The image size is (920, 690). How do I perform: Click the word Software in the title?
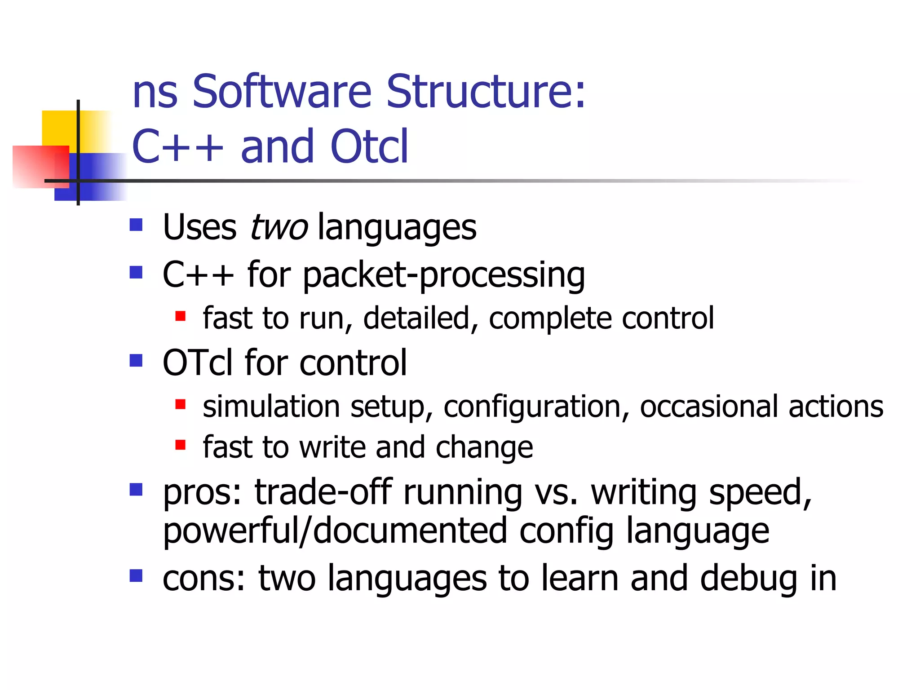tap(282, 92)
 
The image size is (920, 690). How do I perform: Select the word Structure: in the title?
tap(486, 92)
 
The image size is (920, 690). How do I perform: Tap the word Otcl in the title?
tap(369, 146)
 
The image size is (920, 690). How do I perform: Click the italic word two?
tap(279, 227)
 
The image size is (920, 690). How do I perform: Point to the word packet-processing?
tap(444, 275)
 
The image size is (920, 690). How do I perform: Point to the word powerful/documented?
tap(335, 531)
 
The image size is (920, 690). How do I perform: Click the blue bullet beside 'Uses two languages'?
tap(136, 225)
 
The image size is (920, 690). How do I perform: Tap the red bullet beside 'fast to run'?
tap(181, 316)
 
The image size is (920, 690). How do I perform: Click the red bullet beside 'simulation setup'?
tap(181, 405)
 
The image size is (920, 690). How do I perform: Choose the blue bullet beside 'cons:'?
tap(136, 575)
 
